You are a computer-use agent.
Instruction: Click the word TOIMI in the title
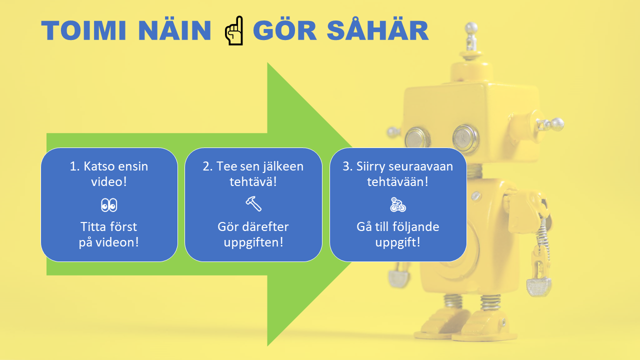click(x=83, y=30)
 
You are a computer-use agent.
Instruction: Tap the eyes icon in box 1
click(x=109, y=205)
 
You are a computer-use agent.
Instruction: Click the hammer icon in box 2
click(x=253, y=203)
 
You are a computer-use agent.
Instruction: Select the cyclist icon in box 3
click(x=398, y=204)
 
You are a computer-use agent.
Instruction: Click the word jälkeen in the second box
click(x=281, y=166)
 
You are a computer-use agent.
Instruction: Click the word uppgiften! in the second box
click(x=253, y=243)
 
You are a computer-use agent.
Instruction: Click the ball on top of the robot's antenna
click(x=471, y=28)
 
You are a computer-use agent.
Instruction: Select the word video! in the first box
click(x=109, y=181)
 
